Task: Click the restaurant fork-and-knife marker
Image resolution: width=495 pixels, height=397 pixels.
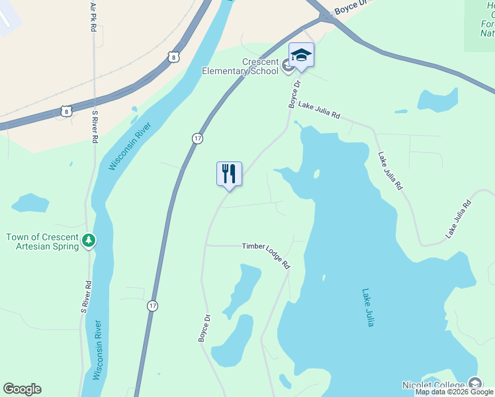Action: pyautogui.click(x=229, y=174)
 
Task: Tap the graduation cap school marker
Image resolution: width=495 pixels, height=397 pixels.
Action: pyautogui.click(x=301, y=55)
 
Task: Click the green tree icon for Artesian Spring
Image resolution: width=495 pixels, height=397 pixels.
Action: pyautogui.click(x=89, y=241)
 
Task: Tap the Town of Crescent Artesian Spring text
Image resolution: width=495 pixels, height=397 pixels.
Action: pyautogui.click(x=41, y=242)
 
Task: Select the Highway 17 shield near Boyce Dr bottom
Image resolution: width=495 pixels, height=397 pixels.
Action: pyautogui.click(x=153, y=306)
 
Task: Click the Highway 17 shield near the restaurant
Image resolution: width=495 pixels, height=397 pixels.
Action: pyautogui.click(x=197, y=138)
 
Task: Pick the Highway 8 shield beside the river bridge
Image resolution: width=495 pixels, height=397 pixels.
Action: pyautogui.click(x=173, y=57)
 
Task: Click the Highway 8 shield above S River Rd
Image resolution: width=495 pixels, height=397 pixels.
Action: pyautogui.click(x=66, y=110)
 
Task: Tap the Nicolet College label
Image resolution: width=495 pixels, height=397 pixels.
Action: pyautogui.click(x=433, y=385)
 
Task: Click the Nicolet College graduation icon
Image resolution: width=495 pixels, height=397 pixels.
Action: pyautogui.click(x=474, y=383)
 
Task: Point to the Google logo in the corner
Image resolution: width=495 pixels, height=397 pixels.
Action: pyautogui.click(x=22, y=389)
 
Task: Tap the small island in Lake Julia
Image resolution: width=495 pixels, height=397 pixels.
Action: pyautogui.click(x=317, y=175)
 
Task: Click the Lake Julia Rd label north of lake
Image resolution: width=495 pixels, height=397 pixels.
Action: pyautogui.click(x=318, y=110)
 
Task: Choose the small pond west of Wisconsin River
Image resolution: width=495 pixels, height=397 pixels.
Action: pyautogui.click(x=30, y=203)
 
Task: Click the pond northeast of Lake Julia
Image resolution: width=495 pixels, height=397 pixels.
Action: pyautogui.click(x=437, y=99)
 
